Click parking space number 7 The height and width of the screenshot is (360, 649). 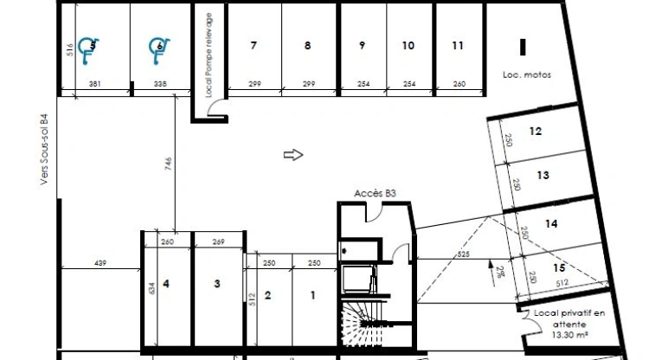[x=253, y=47]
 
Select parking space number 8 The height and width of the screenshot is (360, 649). [x=307, y=47]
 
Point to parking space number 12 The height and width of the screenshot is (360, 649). [x=536, y=132]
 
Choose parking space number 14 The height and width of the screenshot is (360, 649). [x=551, y=223]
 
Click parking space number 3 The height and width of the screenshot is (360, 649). [x=218, y=283]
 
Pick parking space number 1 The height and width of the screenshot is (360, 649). [x=313, y=295]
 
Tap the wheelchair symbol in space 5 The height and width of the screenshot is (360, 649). [x=87, y=49]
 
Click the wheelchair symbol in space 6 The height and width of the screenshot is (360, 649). [x=157, y=49]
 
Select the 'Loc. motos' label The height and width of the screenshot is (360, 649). [x=525, y=75]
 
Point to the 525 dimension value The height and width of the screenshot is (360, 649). [x=463, y=254]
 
